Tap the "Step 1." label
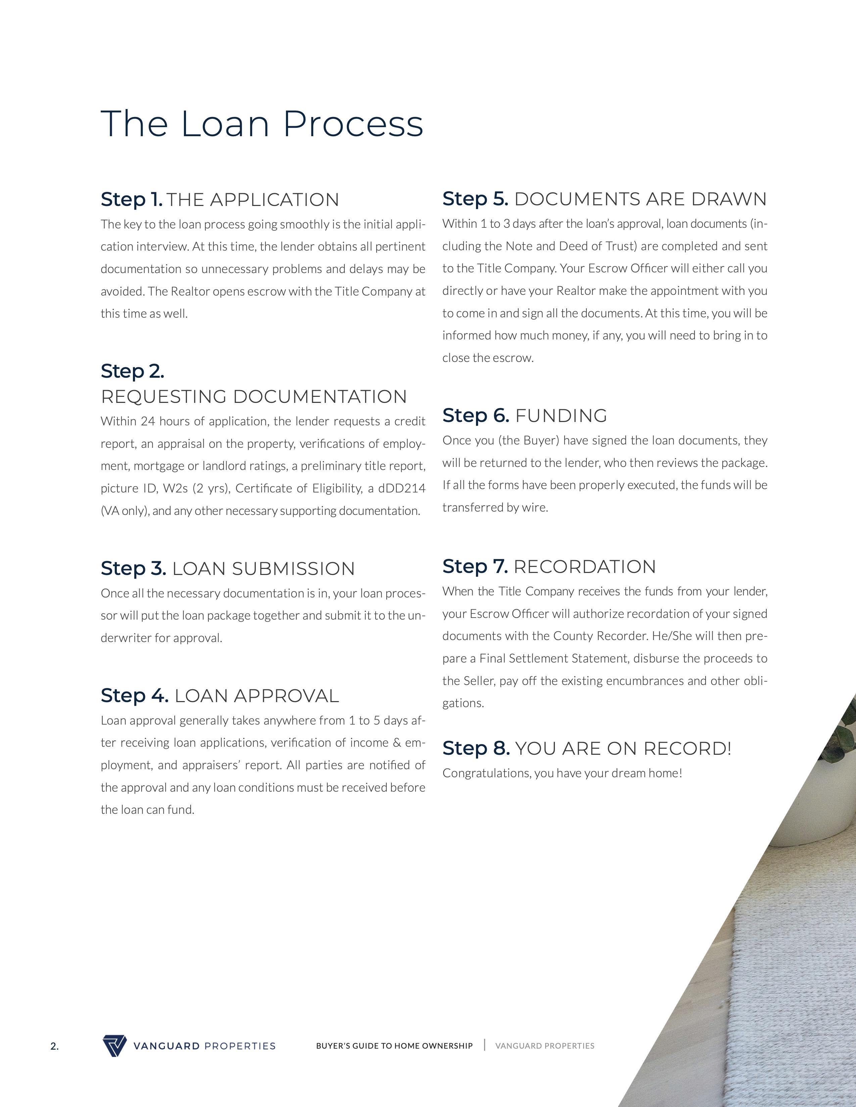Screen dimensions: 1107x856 131,199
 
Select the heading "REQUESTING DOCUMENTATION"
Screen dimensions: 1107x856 253,397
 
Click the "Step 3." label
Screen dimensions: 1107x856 133,568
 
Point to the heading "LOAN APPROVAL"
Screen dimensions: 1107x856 256,696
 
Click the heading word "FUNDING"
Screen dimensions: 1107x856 561,416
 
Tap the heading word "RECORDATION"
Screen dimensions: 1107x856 585,567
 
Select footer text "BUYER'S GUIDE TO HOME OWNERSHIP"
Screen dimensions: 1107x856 394,1046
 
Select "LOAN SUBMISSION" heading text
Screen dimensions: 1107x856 263,569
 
